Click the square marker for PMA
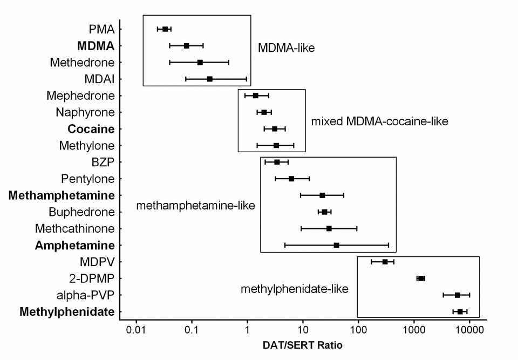(165, 29)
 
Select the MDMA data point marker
(187, 46)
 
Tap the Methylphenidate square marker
(460, 311)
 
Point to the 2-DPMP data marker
(421, 279)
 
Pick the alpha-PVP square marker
(457, 295)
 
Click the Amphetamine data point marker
(336, 245)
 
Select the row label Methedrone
(82, 63)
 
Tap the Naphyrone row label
(85, 112)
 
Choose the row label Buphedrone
(81, 212)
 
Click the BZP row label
(103, 162)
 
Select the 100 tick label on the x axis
(358, 329)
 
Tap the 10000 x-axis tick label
(469, 329)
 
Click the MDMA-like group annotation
(286, 48)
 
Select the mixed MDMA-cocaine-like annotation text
(379, 121)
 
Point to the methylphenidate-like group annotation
(295, 289)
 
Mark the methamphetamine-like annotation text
(195, 205)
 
